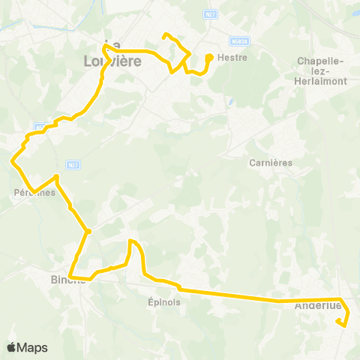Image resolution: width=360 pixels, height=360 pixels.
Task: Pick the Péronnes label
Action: [34, 193]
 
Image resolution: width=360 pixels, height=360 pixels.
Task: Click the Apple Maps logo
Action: [27, 347]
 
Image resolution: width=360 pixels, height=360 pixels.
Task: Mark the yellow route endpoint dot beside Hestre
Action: [208, 56]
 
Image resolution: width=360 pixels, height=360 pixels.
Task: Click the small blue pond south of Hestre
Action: [230, 102]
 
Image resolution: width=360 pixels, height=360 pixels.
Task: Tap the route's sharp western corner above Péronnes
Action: [12, 160]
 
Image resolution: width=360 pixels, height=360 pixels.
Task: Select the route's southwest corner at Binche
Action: [70, 277]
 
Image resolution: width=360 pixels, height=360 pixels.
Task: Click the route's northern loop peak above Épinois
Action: [131, 241]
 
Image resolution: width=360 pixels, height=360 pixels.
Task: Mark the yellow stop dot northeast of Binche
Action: [88, 231]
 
